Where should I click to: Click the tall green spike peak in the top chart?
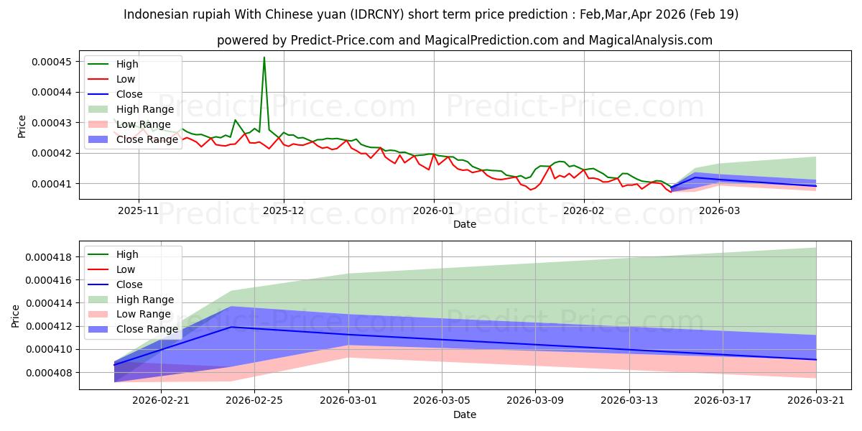point(264,57)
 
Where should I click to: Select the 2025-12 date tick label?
point(284,211)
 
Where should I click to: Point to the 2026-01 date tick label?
point(434,211)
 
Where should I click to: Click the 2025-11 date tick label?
point(139,211)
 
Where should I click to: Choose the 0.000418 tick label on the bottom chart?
point(49,257)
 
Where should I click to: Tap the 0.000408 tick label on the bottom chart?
point(49,373)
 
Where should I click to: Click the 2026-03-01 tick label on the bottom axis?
point(348,401)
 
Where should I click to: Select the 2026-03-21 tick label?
point(816,401)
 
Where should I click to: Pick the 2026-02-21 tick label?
point(161,401)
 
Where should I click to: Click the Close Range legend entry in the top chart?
point(133,139)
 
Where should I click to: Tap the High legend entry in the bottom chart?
point(113,254)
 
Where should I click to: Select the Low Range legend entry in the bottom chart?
point(129,314)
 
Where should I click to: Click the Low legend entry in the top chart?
point(111,79)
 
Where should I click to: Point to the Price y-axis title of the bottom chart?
point(15,316)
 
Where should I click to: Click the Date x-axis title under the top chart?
point(465,224)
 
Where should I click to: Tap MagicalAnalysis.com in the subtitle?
point(650,40)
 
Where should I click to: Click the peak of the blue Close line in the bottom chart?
point(231,327)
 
